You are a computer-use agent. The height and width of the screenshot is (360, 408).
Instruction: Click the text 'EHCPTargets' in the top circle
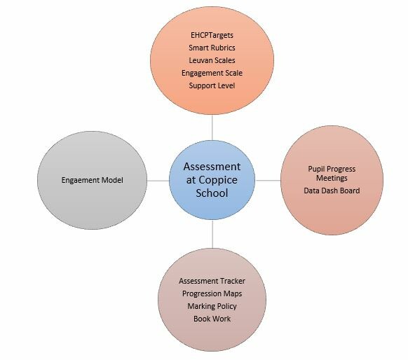(212, 35)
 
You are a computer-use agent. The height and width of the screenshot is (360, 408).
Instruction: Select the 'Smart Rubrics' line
(212, 48)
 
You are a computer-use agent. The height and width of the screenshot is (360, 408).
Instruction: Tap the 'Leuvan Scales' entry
(212, 60)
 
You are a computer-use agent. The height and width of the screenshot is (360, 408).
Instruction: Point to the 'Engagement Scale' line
(212, 73)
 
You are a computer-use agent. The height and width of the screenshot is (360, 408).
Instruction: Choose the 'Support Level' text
(212, 85)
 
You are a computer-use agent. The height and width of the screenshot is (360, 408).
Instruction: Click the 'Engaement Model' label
(93, 180)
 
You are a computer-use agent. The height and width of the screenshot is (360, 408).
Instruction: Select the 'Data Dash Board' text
(332, 191)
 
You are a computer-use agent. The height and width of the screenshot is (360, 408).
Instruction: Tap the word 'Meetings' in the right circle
(332, 178)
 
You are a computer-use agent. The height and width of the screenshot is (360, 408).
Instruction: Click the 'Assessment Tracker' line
(212, 281)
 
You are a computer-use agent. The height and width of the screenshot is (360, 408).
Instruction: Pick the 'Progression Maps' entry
(212, 293)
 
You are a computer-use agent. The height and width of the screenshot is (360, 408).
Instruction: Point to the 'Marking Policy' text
(212, 306)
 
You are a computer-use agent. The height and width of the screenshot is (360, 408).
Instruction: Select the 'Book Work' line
(212, 319)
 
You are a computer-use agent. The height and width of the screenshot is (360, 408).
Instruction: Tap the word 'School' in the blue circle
(212, 193)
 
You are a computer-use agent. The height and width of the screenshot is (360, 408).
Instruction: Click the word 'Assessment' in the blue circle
(212, 167)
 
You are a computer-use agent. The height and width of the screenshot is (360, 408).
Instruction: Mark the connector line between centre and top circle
(212, 127)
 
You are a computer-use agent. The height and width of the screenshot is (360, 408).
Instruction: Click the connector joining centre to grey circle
(158, 181)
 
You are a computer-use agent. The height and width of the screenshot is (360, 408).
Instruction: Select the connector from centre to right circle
(268, 181)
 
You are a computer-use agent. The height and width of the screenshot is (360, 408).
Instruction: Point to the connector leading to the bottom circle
(212, 234)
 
